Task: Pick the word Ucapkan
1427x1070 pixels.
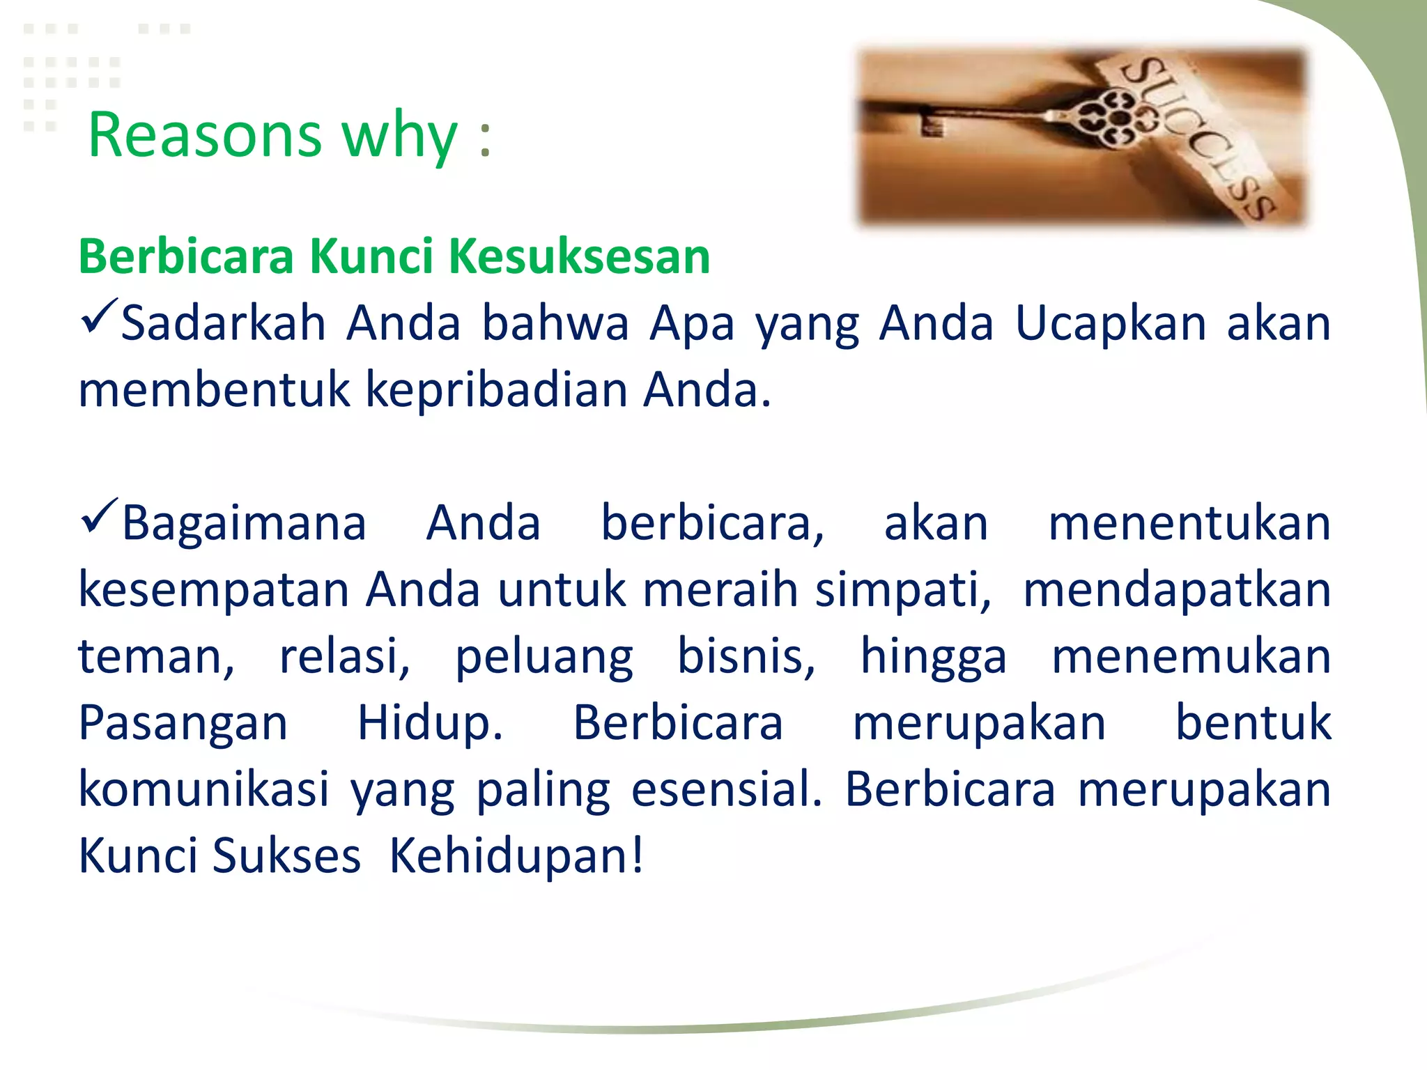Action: click(1110, 324)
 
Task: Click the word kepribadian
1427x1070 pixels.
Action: click(495, 390)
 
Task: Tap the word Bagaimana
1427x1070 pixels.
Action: click(244, 524)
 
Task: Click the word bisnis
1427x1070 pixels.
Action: click(746, 657)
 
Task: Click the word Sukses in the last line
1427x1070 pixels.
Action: click(286, 856)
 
